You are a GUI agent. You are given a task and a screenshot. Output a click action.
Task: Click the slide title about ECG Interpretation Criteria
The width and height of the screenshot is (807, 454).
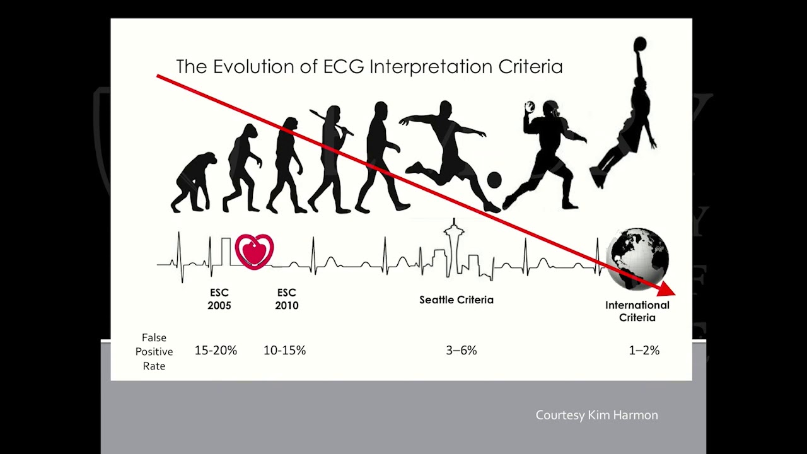(369, 67)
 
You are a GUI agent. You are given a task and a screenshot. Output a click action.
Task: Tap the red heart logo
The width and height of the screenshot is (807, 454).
(254, 251)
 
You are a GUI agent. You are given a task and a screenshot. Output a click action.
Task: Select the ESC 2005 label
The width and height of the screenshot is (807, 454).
(219, 299)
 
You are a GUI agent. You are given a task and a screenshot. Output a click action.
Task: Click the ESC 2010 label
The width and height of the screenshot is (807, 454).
(286, 299)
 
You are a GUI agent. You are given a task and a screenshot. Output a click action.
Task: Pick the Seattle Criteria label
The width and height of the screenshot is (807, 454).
(456, 300)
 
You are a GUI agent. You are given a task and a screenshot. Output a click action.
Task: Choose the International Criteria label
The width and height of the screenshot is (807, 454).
(637, 311)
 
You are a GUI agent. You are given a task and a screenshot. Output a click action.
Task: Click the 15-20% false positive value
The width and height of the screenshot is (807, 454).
(216, 351)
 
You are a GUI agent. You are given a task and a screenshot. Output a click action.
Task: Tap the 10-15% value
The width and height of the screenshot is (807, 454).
(284, 351)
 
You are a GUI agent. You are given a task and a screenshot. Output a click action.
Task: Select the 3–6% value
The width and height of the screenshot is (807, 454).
(461, 351)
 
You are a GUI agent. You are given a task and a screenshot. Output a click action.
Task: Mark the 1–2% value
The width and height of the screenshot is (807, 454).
(644, 351)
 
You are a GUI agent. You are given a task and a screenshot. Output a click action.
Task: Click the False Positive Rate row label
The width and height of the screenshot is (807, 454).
(154, 352)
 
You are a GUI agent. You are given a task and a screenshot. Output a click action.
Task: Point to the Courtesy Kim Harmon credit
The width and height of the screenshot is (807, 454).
(596, 415)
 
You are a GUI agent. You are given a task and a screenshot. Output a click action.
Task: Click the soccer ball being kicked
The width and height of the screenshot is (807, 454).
(494, 180)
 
